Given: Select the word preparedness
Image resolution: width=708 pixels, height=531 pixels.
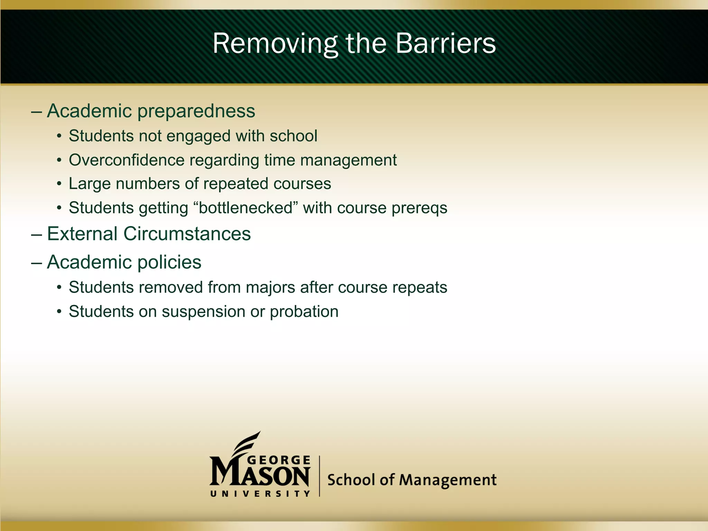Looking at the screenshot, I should [x=196, y=112].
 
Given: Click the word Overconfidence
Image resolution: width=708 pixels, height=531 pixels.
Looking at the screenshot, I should [x=127, y=160].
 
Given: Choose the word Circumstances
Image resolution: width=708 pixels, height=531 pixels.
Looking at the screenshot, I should [x=187, y=234].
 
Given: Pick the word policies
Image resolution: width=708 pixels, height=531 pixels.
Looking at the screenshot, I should [x=169, y=263].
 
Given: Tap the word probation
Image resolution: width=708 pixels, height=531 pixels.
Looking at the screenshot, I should [x=304, y=312].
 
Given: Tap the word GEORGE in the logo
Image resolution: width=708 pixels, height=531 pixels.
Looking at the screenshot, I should [x=279, y=460].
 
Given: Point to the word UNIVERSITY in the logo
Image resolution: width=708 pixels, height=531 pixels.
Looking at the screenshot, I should [x=260, y=494].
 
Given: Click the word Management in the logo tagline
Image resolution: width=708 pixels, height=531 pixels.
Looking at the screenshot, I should [x=448, y=480].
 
